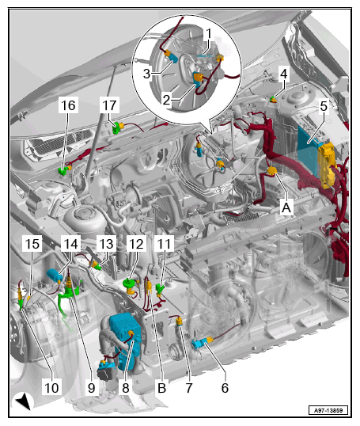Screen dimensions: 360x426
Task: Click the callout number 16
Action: point(68,105)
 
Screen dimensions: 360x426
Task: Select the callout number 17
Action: point(109,105)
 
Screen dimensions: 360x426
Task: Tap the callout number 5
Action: point(324,106)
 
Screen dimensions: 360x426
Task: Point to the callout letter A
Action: point(286,208)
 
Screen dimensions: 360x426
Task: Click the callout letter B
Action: point(162,388)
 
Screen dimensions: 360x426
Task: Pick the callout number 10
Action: point(51,388)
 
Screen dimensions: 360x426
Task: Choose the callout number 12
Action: point(136,244)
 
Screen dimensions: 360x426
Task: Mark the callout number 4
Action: point(284,74)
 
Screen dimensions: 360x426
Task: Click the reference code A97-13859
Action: point(328,410)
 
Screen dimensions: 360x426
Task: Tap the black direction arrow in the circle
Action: point(24,401)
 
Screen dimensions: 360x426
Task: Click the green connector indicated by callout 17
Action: point(116,127)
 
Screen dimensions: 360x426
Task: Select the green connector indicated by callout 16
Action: point(63,171)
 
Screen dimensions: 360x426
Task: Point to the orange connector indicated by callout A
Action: point(271,171)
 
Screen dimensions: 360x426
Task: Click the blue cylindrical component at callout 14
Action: point(55,276)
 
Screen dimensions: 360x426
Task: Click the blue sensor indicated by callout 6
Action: point(198,343)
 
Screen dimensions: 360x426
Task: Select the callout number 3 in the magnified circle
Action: point(146,74)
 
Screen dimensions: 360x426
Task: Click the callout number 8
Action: point(126,388)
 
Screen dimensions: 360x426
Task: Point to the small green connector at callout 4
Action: point(272,100)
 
